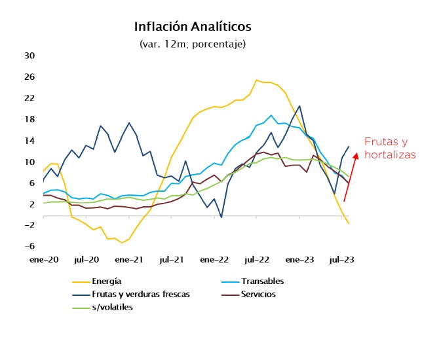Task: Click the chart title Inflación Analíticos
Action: pyautogui.click(x=192, y=27)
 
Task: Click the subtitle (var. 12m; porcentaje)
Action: pyautogui.click(x=192, y=44)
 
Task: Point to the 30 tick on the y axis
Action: pyautogui.click(x=29, y=56)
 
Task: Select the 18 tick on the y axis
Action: pyautogui.click(x=29, y=119)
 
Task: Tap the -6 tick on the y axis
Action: pyautogui.click(x=29, y=246)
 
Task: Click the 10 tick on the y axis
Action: pyautogui.click(x=29, y=162)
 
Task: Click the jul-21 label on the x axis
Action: pyautogui.click(x=171, y=259)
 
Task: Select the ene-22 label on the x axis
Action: pyautogui.click(x=215, y=259)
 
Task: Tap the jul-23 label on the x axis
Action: pyautogui.click(x=341, y=259)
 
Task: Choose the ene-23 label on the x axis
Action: pyautogui.click(x=300, y=259)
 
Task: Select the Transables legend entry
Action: pyautogui.click(x=263, y=281)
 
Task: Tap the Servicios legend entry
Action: pyautogui.click(x=258, y=294)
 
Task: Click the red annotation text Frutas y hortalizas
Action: pyautogui.click(x=390, y=148)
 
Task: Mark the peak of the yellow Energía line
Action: pyautogui.click(x=257, y=80)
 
